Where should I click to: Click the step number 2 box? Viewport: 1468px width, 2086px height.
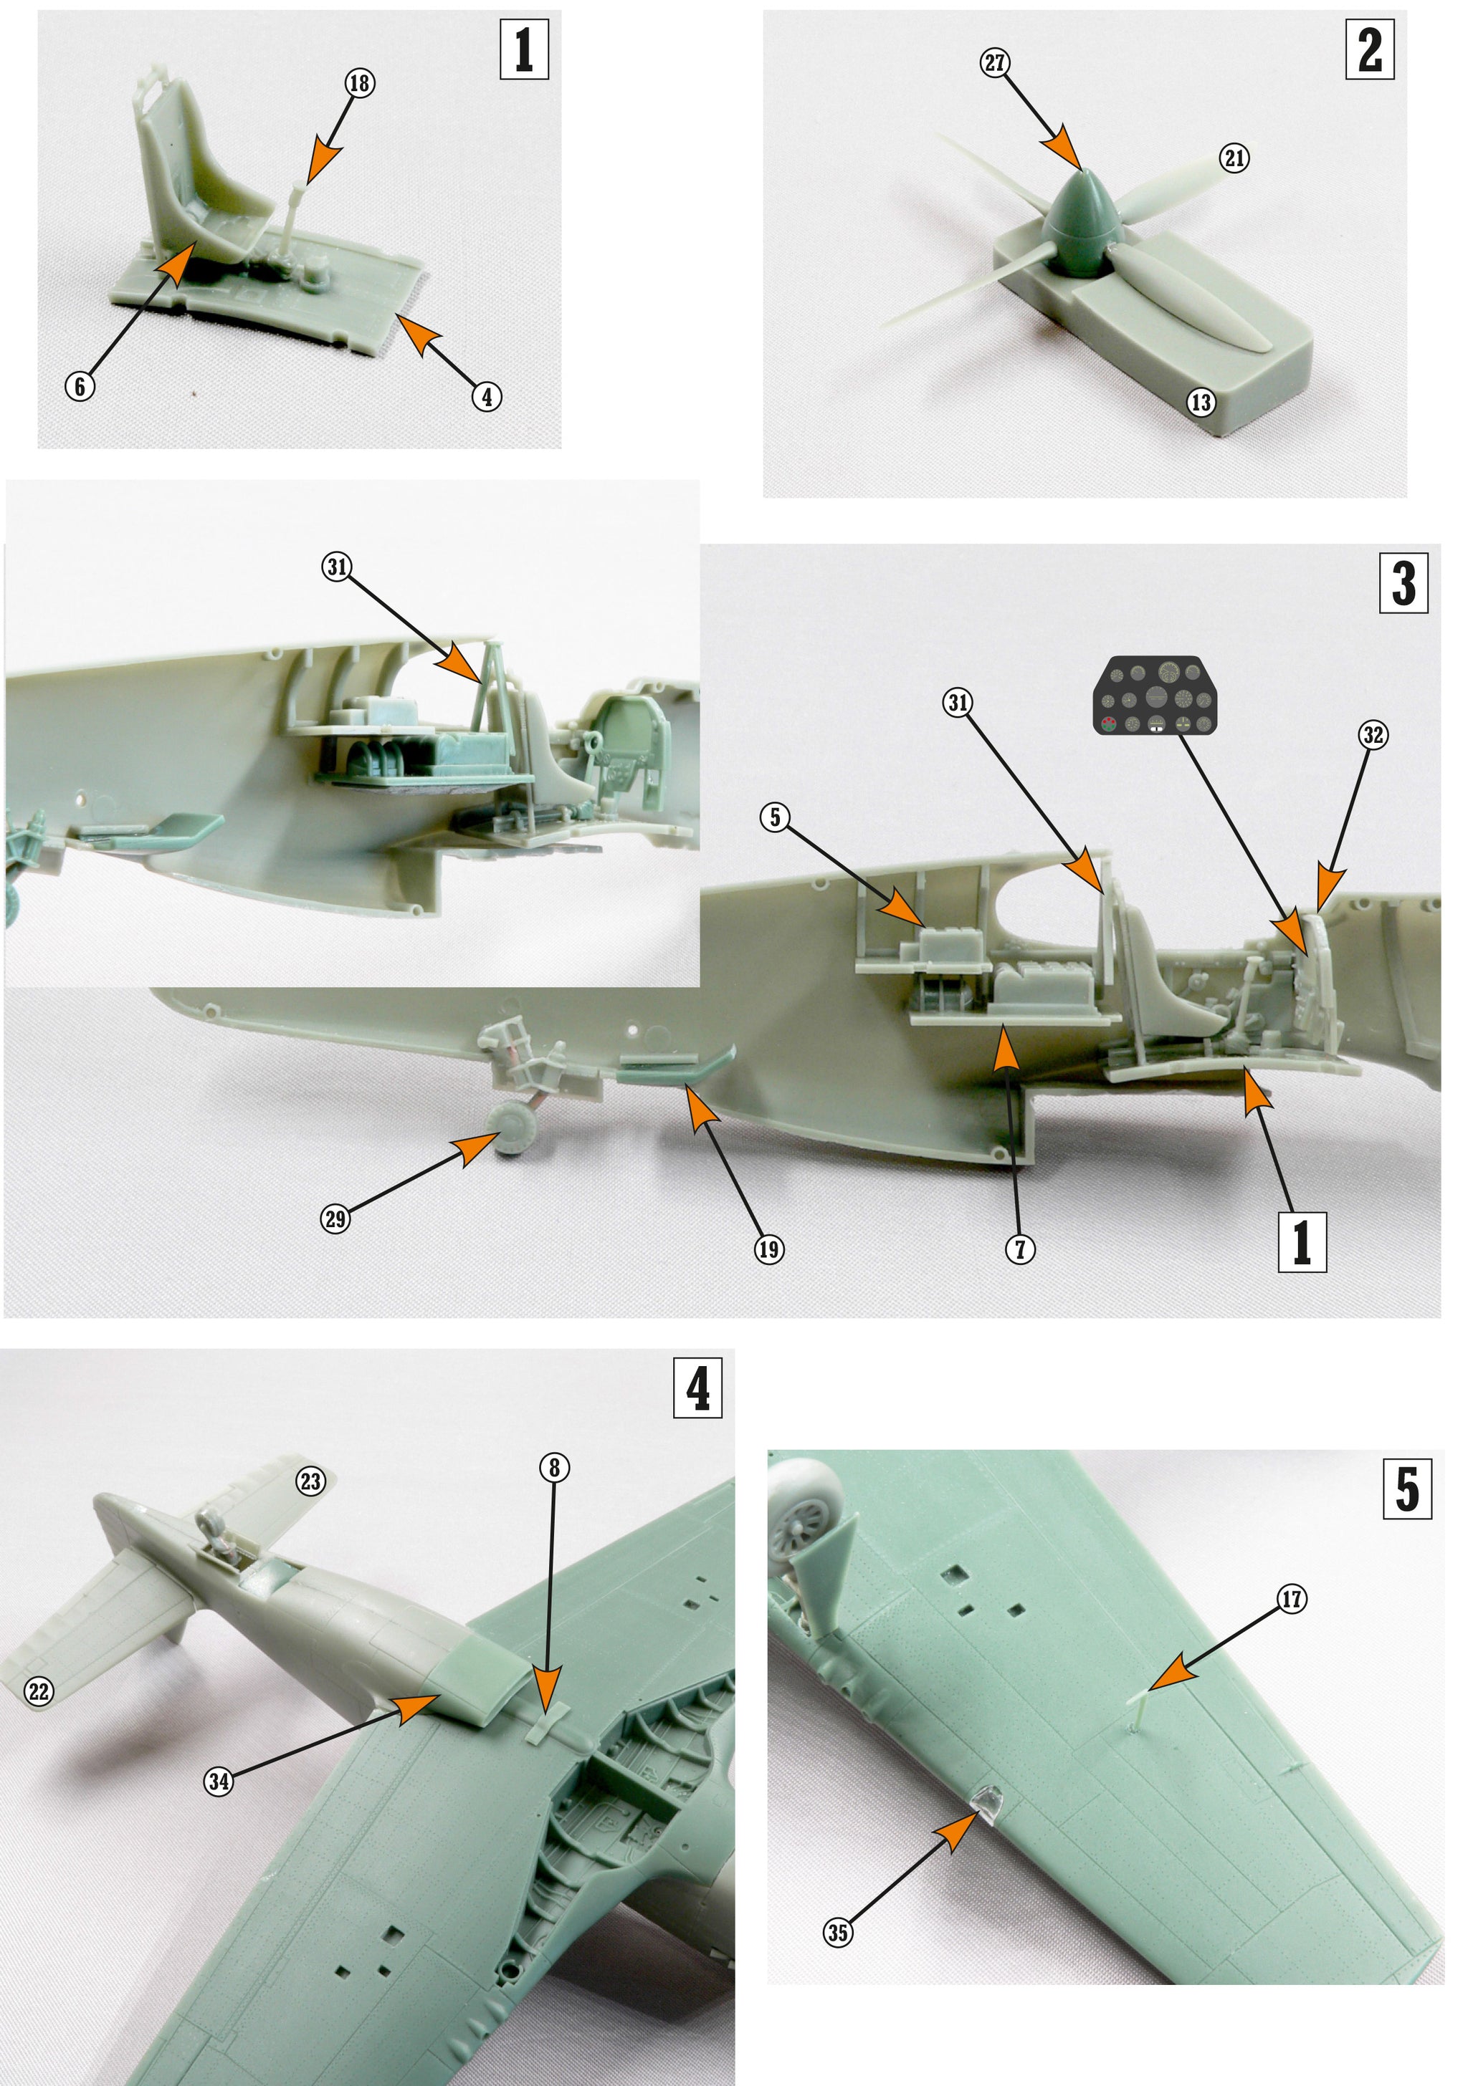(1369, 52)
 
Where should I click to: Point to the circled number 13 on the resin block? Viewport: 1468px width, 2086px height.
(1201, 402)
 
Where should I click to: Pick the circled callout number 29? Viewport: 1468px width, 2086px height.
(336, 1219)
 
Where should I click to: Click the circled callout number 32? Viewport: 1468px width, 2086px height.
(1373, 734)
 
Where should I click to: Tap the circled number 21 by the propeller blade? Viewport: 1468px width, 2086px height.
(1234, 158)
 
